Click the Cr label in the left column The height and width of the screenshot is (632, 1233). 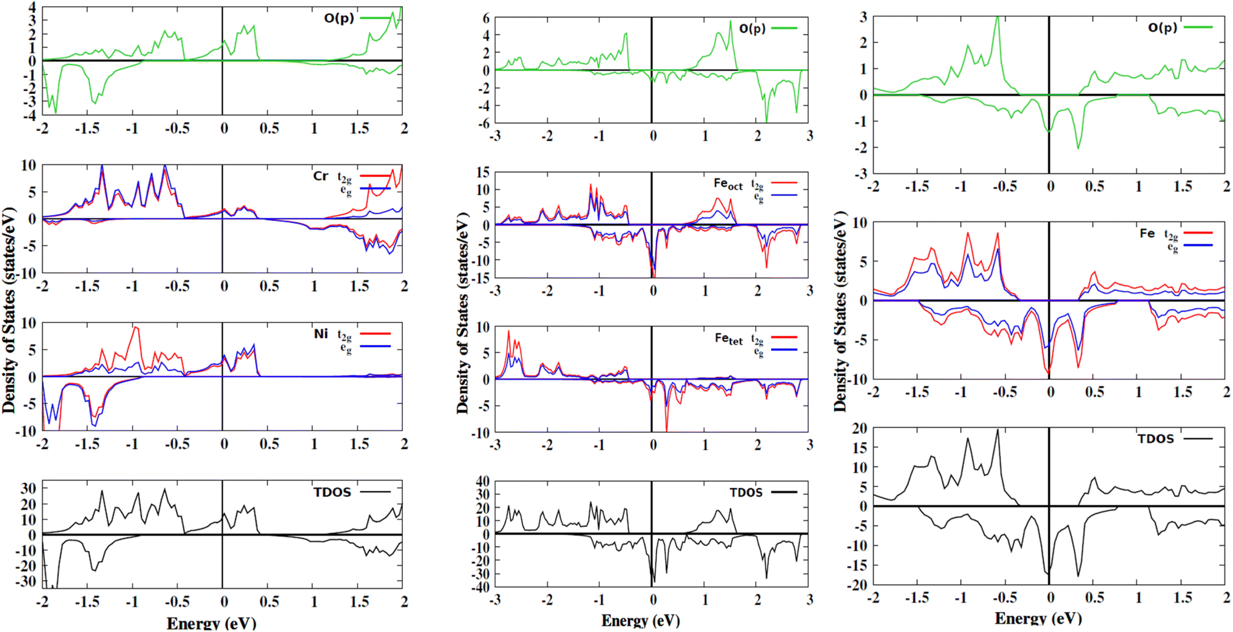(320, 176)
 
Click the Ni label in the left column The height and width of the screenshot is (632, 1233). (321, 334)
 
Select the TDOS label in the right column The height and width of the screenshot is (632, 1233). (1155, 439)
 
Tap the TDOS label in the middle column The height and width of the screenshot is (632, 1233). (746, 492)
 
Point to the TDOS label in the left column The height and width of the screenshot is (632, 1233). (332, 492)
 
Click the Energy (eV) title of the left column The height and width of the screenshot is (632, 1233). (211, 623)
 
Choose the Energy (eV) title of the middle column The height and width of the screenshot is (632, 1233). (641, 620)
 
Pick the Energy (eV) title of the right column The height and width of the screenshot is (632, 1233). (1038, 618)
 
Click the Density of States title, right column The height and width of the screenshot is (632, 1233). (840, 311)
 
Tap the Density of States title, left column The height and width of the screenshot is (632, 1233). (8, 311)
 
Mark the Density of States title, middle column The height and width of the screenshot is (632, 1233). (463, 313)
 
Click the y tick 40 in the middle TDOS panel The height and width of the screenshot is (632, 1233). (482, 481)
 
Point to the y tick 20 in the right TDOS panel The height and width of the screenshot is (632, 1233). (860, 429)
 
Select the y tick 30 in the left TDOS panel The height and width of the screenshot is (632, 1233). (29, 489)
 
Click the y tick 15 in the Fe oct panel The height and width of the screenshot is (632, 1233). (482, 173)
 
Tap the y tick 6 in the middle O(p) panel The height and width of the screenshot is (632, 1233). (485, 18)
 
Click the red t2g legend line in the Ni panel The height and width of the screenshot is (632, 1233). (375, 334)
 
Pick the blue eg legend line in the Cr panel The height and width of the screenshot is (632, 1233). (375, 189)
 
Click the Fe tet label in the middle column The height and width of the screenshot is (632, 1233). (728, 339)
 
